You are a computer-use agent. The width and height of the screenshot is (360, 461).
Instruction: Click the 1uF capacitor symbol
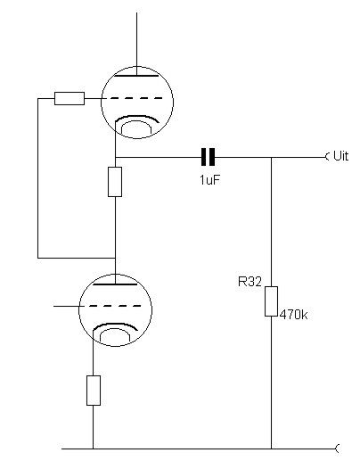click(208, 157)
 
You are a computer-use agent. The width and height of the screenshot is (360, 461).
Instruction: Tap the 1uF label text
click(210, 180)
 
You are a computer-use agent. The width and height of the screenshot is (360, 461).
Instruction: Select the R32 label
click(250, 282)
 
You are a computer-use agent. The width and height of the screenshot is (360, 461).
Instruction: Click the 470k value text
click(293, 315)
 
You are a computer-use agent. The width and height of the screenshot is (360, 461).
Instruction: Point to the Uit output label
click(340, 156)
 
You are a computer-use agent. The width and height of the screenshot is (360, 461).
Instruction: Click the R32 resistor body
click(271, 301)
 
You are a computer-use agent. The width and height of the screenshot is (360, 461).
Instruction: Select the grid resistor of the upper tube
click(70, 98)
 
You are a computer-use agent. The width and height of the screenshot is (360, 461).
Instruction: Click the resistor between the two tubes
click(115, 182)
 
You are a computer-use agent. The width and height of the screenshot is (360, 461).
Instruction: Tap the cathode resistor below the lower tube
click(94, 391)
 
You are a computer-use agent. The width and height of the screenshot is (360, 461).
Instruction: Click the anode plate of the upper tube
click(136, 76)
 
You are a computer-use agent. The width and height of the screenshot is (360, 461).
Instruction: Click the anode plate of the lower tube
click(115, 284)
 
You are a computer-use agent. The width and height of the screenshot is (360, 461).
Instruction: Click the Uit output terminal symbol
click(328, 156)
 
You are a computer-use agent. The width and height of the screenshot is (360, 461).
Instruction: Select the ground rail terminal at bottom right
click(337, 449)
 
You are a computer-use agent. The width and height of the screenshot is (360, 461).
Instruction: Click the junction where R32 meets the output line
click(271, 157)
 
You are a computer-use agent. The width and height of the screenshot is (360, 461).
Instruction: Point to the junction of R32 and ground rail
click(271, 449)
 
